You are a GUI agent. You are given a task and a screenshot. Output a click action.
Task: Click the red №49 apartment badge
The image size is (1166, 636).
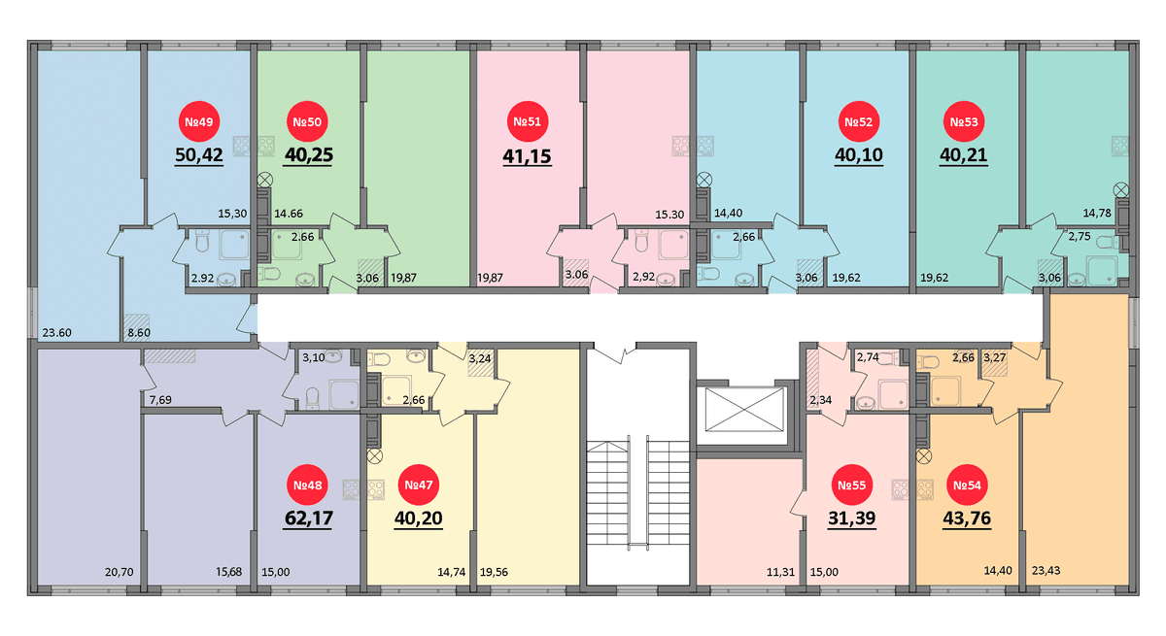[199, 121]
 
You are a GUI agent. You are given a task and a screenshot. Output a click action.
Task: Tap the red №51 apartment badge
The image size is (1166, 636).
[528, 121]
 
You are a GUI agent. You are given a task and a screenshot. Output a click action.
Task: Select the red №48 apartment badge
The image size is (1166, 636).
[308, 485]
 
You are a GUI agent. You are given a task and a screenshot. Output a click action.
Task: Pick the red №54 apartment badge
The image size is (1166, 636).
[967, 485]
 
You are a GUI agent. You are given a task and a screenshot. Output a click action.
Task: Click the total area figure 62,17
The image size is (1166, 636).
[309, 519]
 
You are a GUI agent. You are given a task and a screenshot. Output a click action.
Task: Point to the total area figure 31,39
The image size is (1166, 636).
[851, 519]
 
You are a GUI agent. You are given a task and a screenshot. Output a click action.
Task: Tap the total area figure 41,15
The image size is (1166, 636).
[527, 156]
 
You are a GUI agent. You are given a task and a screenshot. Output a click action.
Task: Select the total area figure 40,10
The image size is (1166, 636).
[859, 155]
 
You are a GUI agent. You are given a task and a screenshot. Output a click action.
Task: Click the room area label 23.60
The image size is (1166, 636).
[56, 333]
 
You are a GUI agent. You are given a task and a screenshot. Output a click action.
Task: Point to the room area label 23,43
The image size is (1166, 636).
[1046, 571]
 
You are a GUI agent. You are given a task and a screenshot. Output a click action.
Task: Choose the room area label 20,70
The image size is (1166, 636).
[120, 572]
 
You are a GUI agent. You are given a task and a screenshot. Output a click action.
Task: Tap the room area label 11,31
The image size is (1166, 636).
[780, 572]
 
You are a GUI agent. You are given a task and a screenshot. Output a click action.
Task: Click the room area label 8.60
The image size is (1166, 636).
[139, 333]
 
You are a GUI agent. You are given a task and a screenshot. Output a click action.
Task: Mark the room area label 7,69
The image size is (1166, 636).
[160, 400]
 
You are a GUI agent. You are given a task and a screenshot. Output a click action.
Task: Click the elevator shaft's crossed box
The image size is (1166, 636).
[744, 409]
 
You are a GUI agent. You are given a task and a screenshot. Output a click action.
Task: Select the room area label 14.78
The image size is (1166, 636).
[1097, 214]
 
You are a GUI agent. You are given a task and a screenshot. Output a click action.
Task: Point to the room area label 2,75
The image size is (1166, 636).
[1080, 237]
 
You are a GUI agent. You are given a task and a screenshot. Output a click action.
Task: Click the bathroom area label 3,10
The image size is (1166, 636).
[313, 357]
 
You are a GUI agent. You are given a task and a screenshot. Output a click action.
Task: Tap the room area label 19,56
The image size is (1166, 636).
[494, 572]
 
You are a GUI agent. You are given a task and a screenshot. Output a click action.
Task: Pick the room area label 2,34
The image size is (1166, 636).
[820, 400]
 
